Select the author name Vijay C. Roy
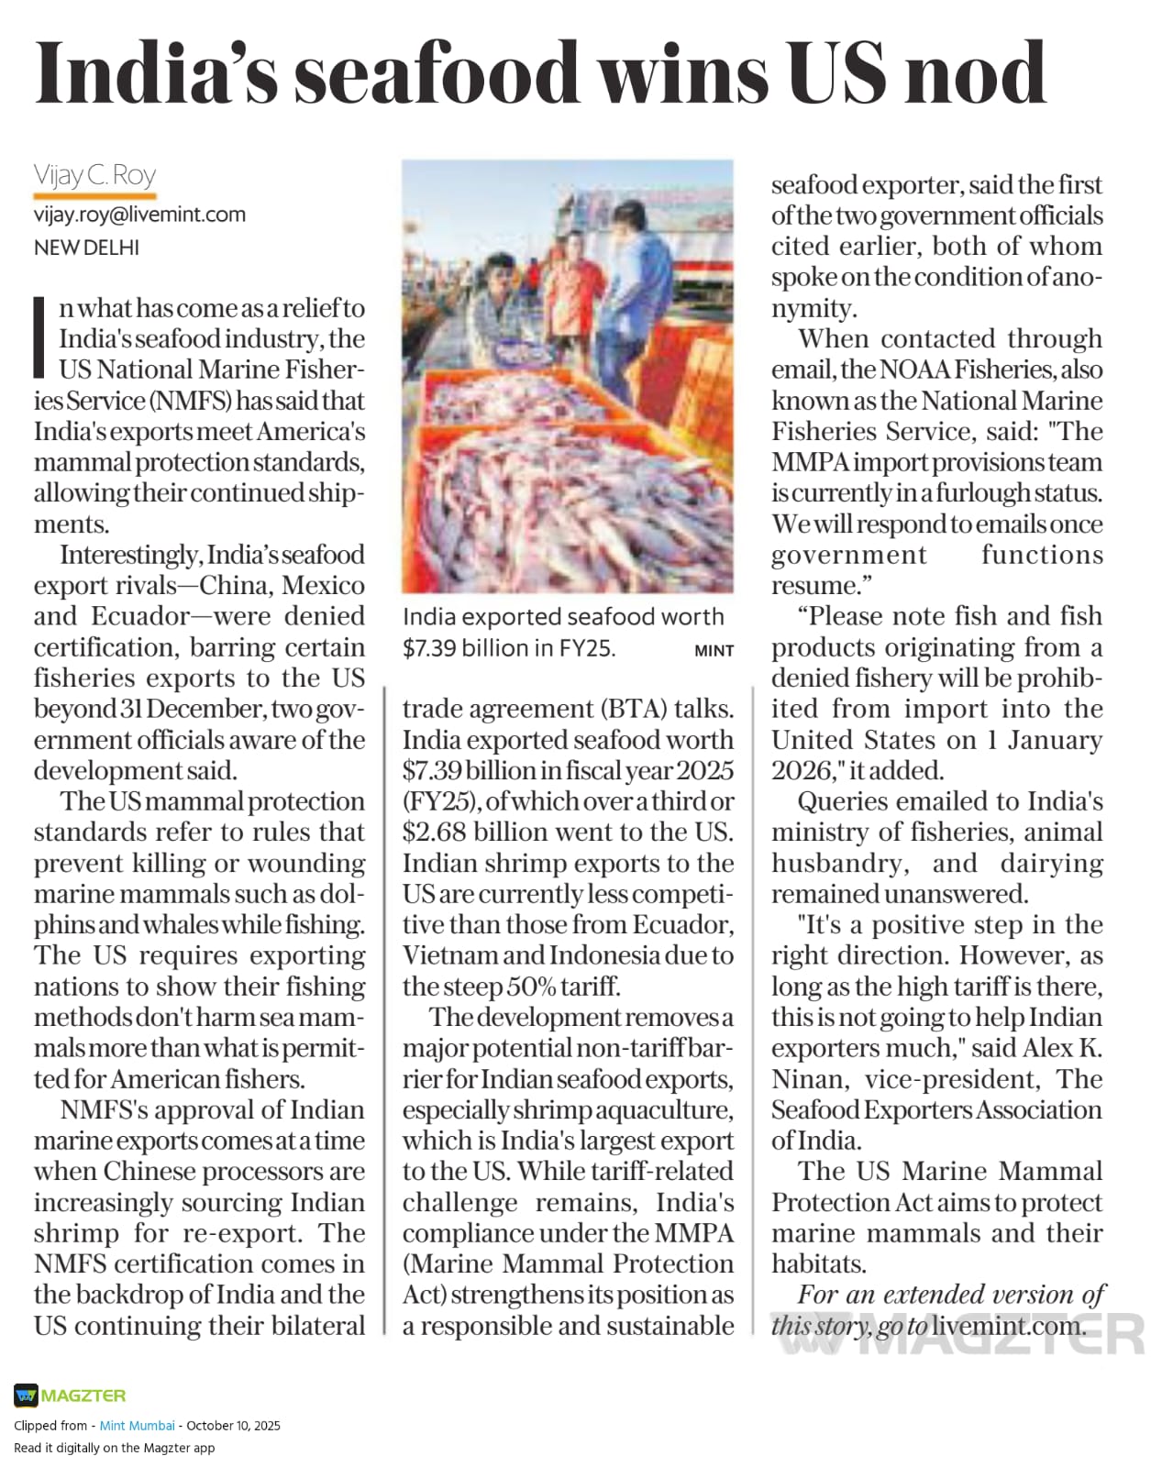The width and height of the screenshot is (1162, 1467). pyautogui.click(x=94, y=174)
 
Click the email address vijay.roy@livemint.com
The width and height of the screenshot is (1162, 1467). pyautogui.click(x=139, y=215)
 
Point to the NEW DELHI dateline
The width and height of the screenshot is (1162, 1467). pyautogui.click(x=86, y=248)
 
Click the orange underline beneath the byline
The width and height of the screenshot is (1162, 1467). pyautogui.click(x=94, y=195)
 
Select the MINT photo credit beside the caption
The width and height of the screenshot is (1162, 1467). pyautogui.click(x=714, y=650)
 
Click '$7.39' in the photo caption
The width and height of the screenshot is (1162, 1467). pyautogui.click(x=426, y=648)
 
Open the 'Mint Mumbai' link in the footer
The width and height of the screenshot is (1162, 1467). pyautogui.click(x=137, y=1426)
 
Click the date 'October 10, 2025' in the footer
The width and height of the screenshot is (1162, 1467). pyautogui.click(x=233, y=1426)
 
